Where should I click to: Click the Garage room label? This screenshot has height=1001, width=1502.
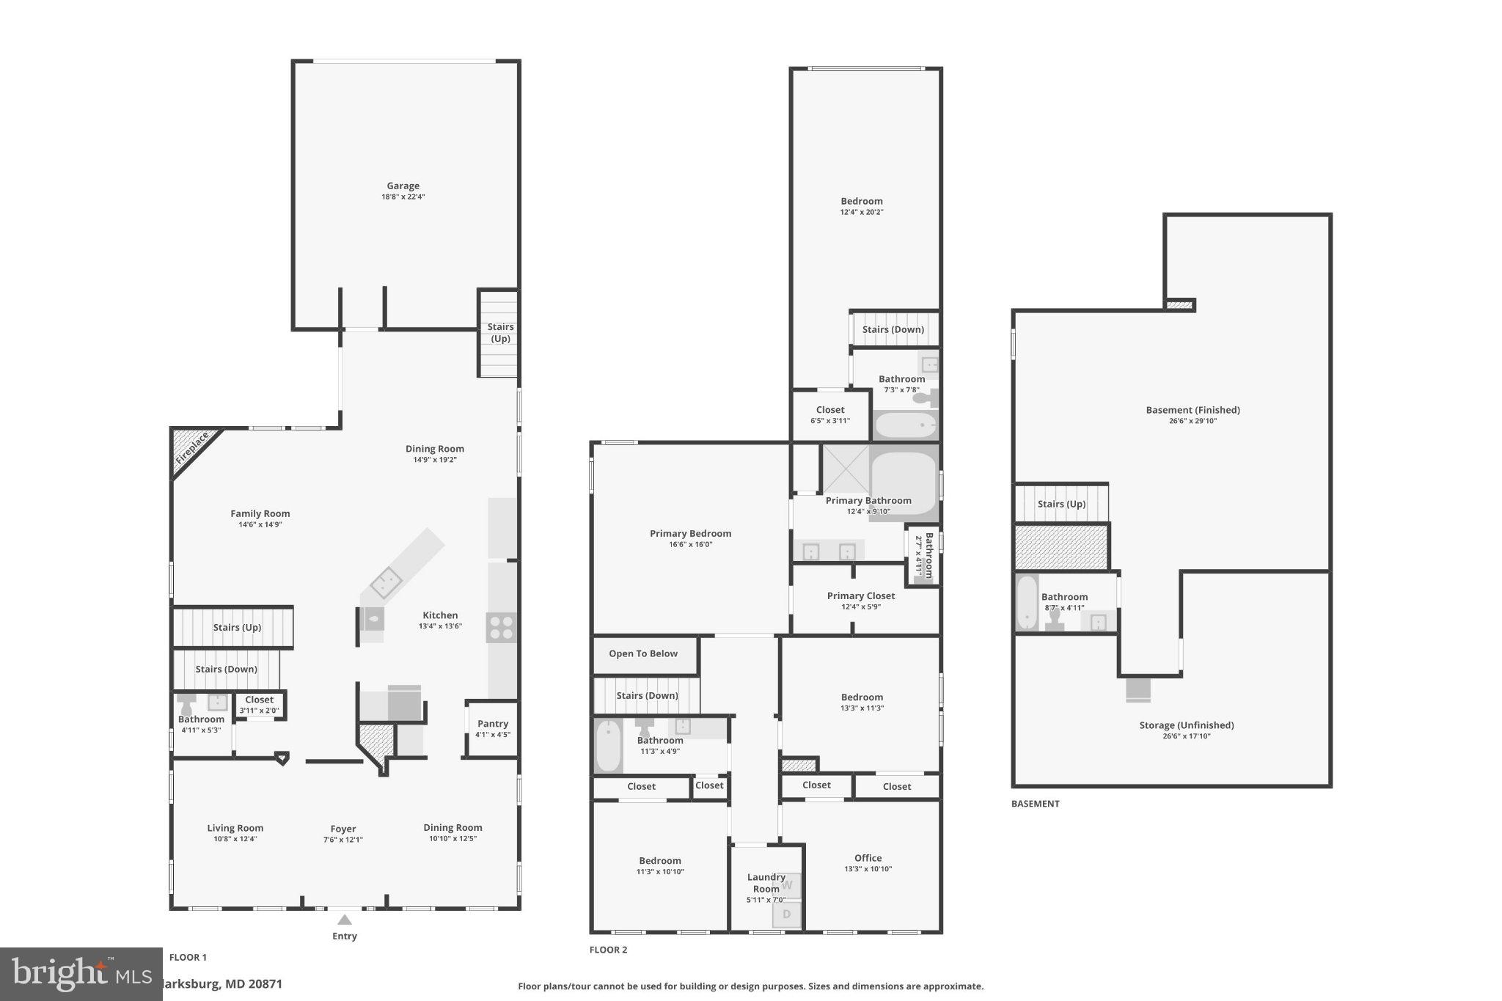pos(403,186)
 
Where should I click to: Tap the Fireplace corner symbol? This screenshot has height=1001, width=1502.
pos(191,449)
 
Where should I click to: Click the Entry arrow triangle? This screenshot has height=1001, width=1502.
pos(344,920)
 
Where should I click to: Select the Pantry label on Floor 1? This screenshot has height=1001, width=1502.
pos(492,724)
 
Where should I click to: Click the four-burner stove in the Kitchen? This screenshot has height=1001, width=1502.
pos(502,628)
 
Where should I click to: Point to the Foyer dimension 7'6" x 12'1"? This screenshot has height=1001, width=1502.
pos(342,840)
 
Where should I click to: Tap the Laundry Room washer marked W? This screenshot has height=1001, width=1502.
pos(788,885)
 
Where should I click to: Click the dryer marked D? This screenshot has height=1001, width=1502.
pos(787,914)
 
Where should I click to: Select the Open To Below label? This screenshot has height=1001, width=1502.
pos(642,653)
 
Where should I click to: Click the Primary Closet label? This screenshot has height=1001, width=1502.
pos(860,596)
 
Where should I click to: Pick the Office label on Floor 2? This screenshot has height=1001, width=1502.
pos(868,858)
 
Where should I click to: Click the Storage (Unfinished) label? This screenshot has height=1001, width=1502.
pos(1186,725)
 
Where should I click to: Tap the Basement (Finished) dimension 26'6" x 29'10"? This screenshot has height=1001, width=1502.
pos(1193,421)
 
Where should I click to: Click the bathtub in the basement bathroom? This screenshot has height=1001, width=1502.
pos(1027,603)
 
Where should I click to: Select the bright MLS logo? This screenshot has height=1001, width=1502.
pos(81,974)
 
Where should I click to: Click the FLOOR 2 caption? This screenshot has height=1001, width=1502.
pos(608,950)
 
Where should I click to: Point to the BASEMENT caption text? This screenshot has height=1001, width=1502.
pos(1035,804)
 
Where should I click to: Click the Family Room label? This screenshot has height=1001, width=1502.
pos(260,514)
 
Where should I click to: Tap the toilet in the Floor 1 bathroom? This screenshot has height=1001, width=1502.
pos(186,705)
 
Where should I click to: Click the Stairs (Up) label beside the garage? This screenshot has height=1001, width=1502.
pos(500,333)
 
